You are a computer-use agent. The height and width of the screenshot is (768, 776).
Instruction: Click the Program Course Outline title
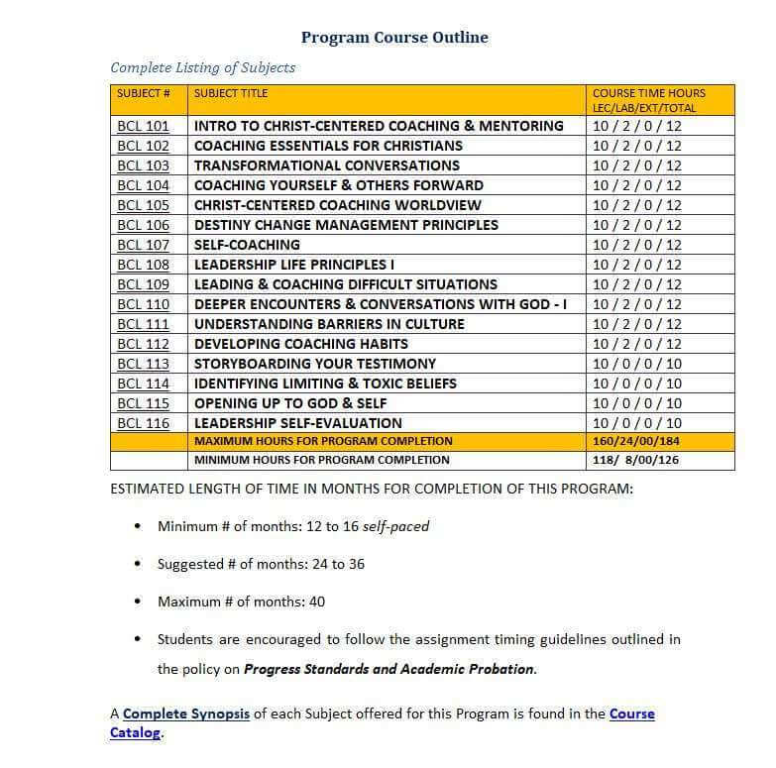[394, 38]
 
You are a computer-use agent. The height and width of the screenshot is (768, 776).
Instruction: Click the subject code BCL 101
[143, 126]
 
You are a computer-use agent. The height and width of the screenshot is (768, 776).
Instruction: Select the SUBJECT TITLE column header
[231, 93]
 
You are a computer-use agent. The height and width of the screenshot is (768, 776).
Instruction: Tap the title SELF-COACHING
[247, 245]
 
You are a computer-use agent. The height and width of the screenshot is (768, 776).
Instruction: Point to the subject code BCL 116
[143, 423]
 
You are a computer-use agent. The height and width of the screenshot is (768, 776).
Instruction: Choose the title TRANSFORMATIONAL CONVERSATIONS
[327, 165]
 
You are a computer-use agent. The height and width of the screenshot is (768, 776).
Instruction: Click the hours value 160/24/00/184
[636, 441]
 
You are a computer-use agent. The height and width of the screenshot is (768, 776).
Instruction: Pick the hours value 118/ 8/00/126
[635, 460]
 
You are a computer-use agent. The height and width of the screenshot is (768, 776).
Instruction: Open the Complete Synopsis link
[186, 713]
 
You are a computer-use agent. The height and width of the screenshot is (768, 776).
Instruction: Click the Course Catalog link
[630, 713]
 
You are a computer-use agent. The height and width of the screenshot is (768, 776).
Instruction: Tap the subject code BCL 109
[143, 284]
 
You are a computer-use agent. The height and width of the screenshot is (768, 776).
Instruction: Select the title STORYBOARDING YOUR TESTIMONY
[315, 364]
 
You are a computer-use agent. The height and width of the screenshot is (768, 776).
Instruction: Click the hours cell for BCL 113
[636, 364]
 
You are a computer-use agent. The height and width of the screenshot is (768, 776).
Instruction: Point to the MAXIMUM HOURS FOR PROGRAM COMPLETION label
[323, 441]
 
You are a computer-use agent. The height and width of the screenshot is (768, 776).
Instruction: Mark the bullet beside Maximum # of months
[137, 602]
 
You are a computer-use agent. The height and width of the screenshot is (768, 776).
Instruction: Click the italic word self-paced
[395, 526]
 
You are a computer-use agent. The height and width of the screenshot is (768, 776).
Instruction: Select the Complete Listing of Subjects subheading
[203, 67]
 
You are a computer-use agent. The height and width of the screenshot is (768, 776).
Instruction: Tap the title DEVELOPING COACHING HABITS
[301, 344]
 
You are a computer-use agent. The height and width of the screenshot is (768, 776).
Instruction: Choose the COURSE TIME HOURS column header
[649, 100]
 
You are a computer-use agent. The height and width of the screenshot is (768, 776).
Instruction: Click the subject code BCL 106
[143, 225]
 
